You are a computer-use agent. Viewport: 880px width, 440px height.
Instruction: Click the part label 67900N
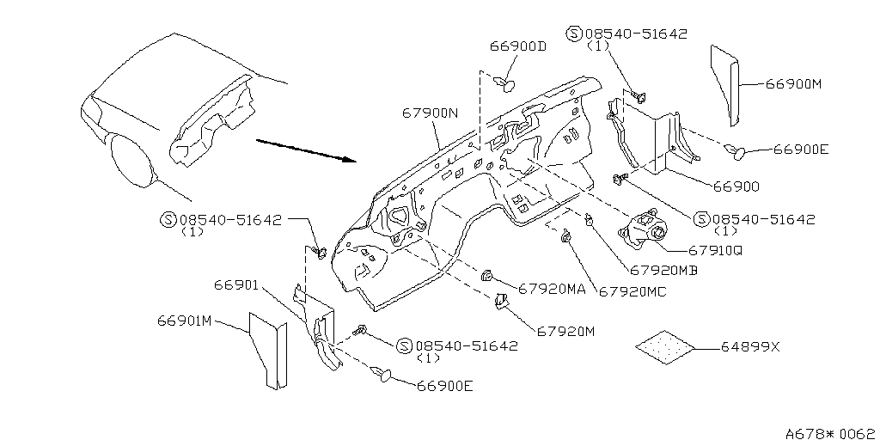tap(431, 113)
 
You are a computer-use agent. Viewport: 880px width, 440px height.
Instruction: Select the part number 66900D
tap(518, 46)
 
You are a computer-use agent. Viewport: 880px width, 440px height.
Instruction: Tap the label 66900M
tap(793, 84)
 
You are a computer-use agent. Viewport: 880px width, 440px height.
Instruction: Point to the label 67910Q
tap(714, 250)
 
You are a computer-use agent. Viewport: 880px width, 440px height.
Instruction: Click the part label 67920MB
tap(663, 270)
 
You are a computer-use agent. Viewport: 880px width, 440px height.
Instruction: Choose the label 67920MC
tap(633, 291)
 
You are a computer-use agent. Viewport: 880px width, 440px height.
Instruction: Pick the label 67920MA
tap(552, 289)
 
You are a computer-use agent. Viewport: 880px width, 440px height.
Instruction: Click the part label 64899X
tap(750, 347)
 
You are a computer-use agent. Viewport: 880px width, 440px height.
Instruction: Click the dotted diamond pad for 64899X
tap(665, 347)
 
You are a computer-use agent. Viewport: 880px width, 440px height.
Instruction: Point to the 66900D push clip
tap(505, 84)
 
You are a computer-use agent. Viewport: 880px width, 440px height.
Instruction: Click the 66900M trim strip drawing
tap(724, 85)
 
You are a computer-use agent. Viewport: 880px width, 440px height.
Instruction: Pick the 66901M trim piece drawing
tap(268, 351)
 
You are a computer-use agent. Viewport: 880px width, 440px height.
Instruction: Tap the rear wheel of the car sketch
tap(132, 159)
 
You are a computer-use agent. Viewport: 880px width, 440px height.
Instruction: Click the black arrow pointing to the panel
tap(307, 150)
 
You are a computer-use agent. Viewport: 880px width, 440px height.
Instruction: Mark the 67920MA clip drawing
tap(486, 276)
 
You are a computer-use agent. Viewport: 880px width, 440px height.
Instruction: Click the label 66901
tap(235, 285)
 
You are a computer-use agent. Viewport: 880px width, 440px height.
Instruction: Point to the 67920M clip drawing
tap(500, 302)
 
